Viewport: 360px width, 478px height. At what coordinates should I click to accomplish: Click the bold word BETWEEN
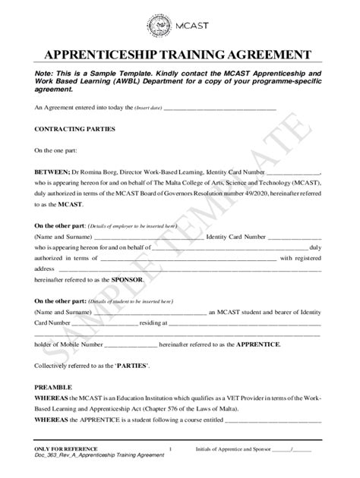[52, 172]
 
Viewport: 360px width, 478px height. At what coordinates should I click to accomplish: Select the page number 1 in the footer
[172, 449]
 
